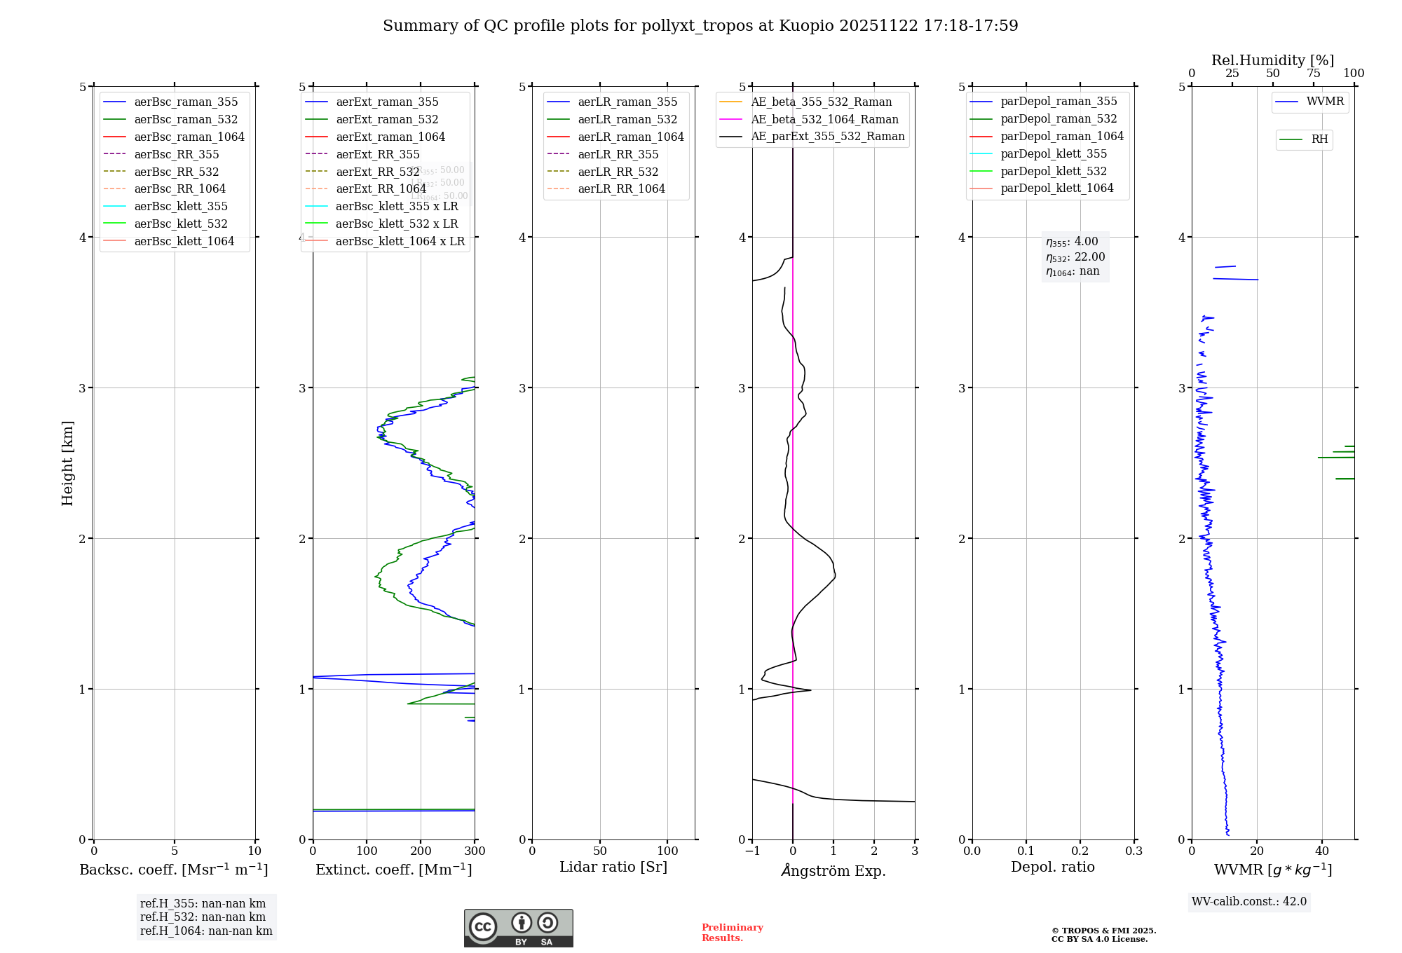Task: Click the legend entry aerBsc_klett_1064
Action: pyautogui.click(x=184, y=241)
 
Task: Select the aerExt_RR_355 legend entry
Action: pyautogui.click(x=377, y=154)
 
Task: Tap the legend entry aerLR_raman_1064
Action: pyautogui.click(x=630, y=137)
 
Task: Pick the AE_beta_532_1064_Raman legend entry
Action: pyautogui.click(x=824, y=119)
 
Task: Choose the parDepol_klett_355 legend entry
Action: pyautogui.click(x=1054, y=153)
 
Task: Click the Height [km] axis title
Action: pyautogui.click(x=67, y=463)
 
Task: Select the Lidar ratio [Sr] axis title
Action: pyautogui.click(x=613, y=867)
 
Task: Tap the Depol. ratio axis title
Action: pyautogui.click(x=1052, y=867)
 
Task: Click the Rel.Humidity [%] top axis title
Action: pyautogui.click(x=1272, y=60)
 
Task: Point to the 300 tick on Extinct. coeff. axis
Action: pyautogui.click(x=475, y=851)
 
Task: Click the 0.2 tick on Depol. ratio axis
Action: pyautogui.click(x=1080, y=851)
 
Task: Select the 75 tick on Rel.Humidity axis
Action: pyautogui.click(x=1313, y=74)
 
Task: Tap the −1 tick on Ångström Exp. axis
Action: pyautogui.click(x=752, y=851)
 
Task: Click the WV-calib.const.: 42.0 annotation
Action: pyautogui.click(x=1249, y=901)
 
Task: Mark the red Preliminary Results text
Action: pyautogui.click(x=732, y=933)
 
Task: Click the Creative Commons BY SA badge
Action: pyautogui.click(x=518, y=928)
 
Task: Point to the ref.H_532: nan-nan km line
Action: pyautogui.click(x=203, y=917)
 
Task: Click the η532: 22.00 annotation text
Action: pyautogui.click(x=1075, y=257)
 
